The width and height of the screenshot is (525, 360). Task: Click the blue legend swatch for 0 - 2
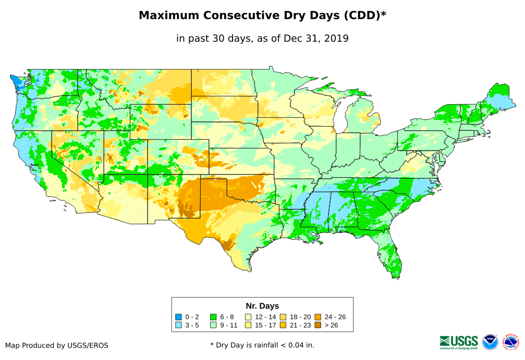178,317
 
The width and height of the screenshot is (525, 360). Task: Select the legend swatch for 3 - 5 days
178,325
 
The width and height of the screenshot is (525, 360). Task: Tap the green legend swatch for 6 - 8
213,317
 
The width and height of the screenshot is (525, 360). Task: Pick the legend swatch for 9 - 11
213,325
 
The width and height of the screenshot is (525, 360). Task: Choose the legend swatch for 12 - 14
248,317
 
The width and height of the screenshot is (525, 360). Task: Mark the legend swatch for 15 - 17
248,325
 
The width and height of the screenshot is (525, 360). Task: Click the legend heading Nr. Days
262,306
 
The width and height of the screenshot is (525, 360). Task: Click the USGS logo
459,342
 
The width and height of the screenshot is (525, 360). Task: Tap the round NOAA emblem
490,342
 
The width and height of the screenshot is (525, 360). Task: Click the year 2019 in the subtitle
336,38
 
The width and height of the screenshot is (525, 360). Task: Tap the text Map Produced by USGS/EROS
57,345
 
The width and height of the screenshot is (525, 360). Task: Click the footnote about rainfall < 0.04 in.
262,345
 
